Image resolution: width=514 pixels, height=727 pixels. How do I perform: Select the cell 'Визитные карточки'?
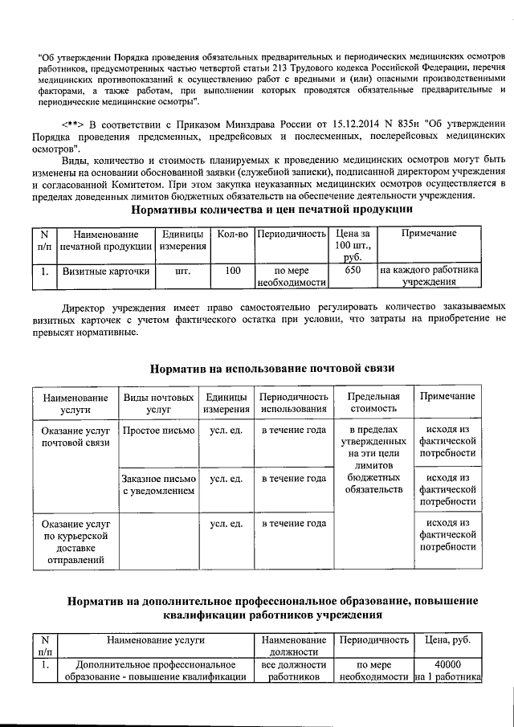(106, 271)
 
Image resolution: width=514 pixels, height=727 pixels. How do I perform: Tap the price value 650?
(351, 271)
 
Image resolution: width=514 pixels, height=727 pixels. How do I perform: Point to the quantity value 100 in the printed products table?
(233, 271)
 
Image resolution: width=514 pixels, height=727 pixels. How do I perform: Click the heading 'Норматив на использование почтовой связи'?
(273, 369)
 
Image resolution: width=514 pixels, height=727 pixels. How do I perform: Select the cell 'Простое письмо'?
(157, 431)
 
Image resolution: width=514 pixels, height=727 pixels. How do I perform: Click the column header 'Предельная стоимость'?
(372, 403)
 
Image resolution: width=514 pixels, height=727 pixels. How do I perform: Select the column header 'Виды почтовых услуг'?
(157, 403)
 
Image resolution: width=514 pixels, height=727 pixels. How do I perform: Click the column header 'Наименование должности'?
(294, 646)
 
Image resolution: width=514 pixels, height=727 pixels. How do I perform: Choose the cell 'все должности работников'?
(294, 671)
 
